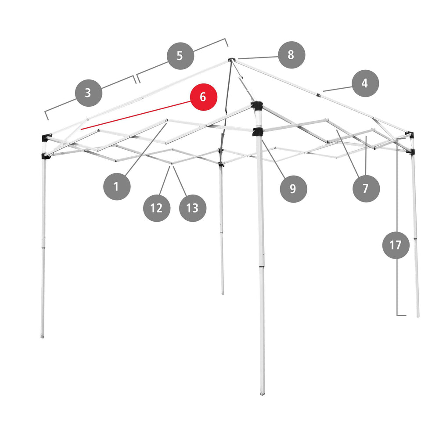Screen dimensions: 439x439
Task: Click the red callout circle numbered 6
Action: (204, 97)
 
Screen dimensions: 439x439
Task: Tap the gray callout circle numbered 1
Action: (117, 187)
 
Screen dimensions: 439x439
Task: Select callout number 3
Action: (89, 93)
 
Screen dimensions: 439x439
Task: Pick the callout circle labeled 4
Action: (365, 83)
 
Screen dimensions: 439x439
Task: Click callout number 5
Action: (180, 56)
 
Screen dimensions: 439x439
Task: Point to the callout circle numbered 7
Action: (366, 188)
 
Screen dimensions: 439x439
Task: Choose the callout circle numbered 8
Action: (291, 55)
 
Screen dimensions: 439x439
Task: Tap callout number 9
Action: (293, 189)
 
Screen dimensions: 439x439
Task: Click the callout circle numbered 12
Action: (157, 208)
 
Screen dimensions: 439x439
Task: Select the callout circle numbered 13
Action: (193, 208)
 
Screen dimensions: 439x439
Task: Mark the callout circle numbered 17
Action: (396, 245)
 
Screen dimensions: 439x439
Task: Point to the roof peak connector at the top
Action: (231, 60)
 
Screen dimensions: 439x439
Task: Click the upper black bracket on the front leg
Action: (257, 105)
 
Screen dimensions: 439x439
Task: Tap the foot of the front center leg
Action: (263, 392)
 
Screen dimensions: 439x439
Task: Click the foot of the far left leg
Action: (42, 335)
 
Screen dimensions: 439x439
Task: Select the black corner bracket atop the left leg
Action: (47, 138)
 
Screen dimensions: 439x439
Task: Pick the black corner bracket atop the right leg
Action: (410, 134)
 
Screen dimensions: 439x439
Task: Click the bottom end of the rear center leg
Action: (223, 292)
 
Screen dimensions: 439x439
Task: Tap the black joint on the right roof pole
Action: (318, 95)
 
